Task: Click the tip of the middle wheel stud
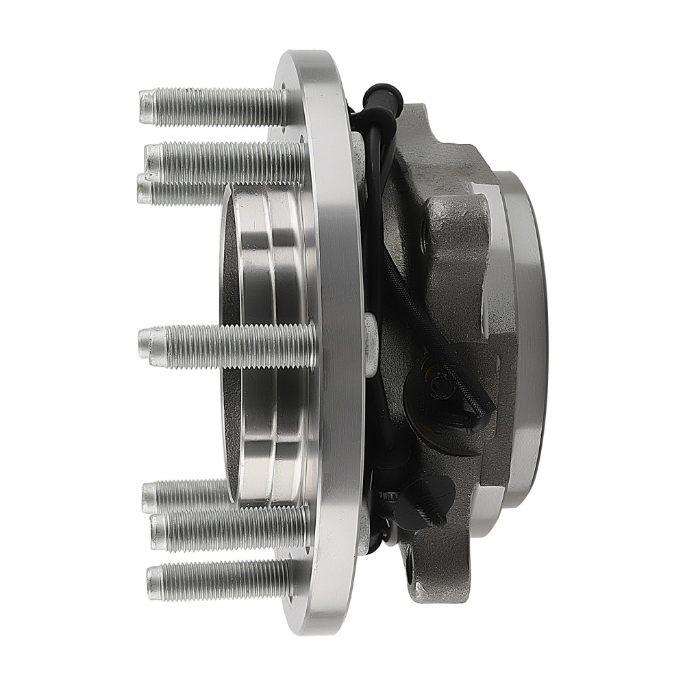click(x=145, y=342)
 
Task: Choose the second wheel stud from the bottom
click(x=226, y=531)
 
